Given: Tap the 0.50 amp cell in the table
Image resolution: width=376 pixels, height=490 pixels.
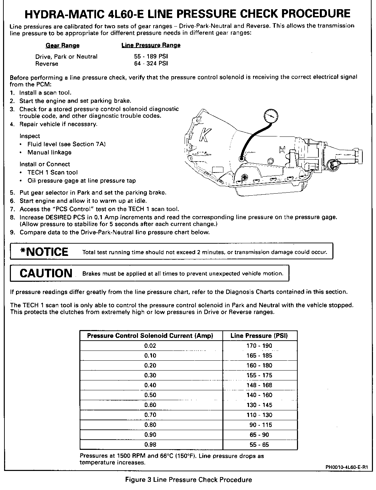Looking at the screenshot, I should pyautogui.click(x=150, y=395).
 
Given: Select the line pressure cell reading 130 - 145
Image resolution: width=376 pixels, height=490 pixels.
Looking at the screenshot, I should pyautogui.click(x=259, y=405).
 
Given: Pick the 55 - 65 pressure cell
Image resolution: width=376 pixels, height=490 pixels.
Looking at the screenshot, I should pyautogui.click(x=259, y=444).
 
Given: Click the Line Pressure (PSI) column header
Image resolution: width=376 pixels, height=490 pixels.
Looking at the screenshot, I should pyautogui.click(x=259, y=336).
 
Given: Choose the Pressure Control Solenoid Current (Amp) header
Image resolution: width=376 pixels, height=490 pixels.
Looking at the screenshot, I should pyautogui.click(x=150, y=336).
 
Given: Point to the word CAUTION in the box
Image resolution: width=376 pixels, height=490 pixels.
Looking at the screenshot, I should pyautogui.click(x=46, y=273).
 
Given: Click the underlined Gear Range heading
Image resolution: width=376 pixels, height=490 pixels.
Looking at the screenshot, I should pyautogui.click(x=63, y=45).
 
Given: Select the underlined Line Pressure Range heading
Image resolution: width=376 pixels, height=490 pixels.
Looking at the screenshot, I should pyautogui.click(x=151, y=45).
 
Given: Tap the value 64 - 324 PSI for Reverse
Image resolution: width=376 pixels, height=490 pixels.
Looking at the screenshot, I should pyautogui.click(x=151, y=64).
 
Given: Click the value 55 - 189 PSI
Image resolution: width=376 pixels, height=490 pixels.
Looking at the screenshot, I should pyautogui.click(x=151, y=56).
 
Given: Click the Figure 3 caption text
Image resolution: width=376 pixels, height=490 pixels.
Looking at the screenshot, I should pyautogui.click(x=189, y=480).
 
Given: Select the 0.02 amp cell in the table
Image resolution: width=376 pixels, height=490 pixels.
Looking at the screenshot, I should pyautogui.click(x=150, y=346).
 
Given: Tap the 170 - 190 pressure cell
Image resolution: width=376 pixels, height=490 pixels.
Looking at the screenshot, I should pyautogui.click(x=259, y=346).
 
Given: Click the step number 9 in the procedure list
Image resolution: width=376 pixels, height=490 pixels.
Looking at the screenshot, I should pyautogui.click(x=12, y=232).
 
